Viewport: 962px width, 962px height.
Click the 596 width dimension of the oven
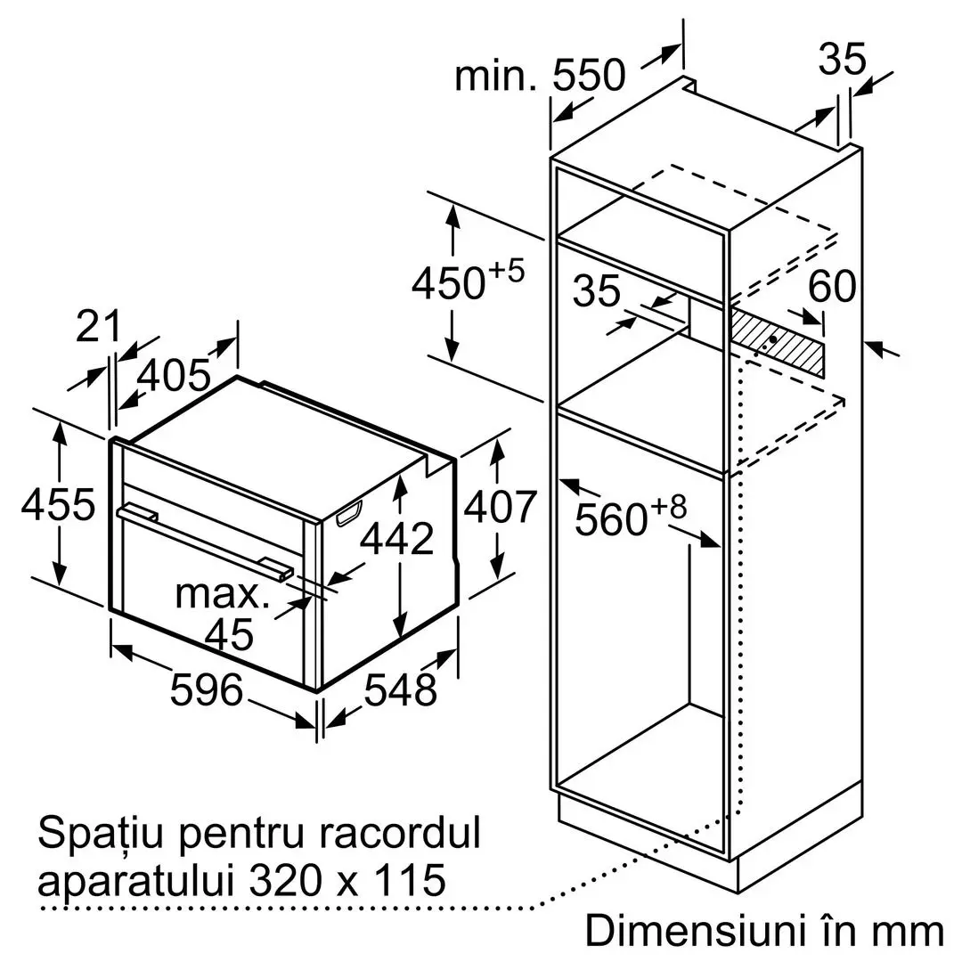coord(207,689)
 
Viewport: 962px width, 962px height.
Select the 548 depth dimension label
coord(400,689)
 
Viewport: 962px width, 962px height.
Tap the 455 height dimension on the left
coord(58,504)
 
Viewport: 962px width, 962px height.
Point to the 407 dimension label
coord(500,507)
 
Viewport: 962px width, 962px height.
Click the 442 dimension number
coord(397,539)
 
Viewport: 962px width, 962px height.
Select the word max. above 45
coord(223,594)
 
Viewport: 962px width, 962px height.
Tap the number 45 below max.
coord(229,634)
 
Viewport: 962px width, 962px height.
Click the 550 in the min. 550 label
coord(589,76)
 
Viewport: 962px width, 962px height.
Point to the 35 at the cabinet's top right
coord(843,59)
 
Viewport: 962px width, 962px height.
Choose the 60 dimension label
coord(832,286)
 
